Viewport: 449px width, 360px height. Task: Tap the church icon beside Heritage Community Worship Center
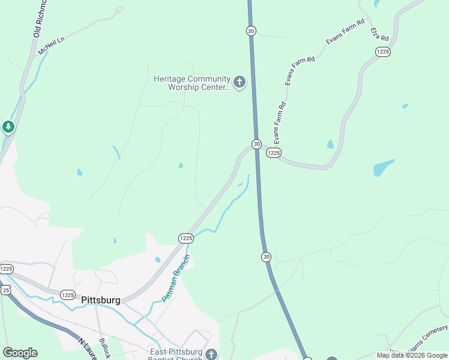[x=240, y=82]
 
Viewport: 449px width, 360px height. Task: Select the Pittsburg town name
[x=100, y=300]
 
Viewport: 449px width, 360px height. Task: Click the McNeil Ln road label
[x=51, y=46]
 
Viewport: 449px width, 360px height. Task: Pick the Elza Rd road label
[x=379, y=34]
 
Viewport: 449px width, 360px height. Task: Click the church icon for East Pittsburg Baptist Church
[x=211, y=354]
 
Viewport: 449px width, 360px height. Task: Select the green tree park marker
[x=8, y=127]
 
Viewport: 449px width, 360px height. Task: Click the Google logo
[x=20, y=353]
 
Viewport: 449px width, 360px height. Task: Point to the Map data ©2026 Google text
[x=412, y=355]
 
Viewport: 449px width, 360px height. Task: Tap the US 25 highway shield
[x=6, y=290]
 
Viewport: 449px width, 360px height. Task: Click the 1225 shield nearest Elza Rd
[x=384, y=52]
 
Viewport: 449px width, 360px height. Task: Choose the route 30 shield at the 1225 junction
[x=256, y=144]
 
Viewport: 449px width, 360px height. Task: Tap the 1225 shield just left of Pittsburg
[x=67, y=295]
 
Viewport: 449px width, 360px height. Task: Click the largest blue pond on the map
[x=384, y=167]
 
